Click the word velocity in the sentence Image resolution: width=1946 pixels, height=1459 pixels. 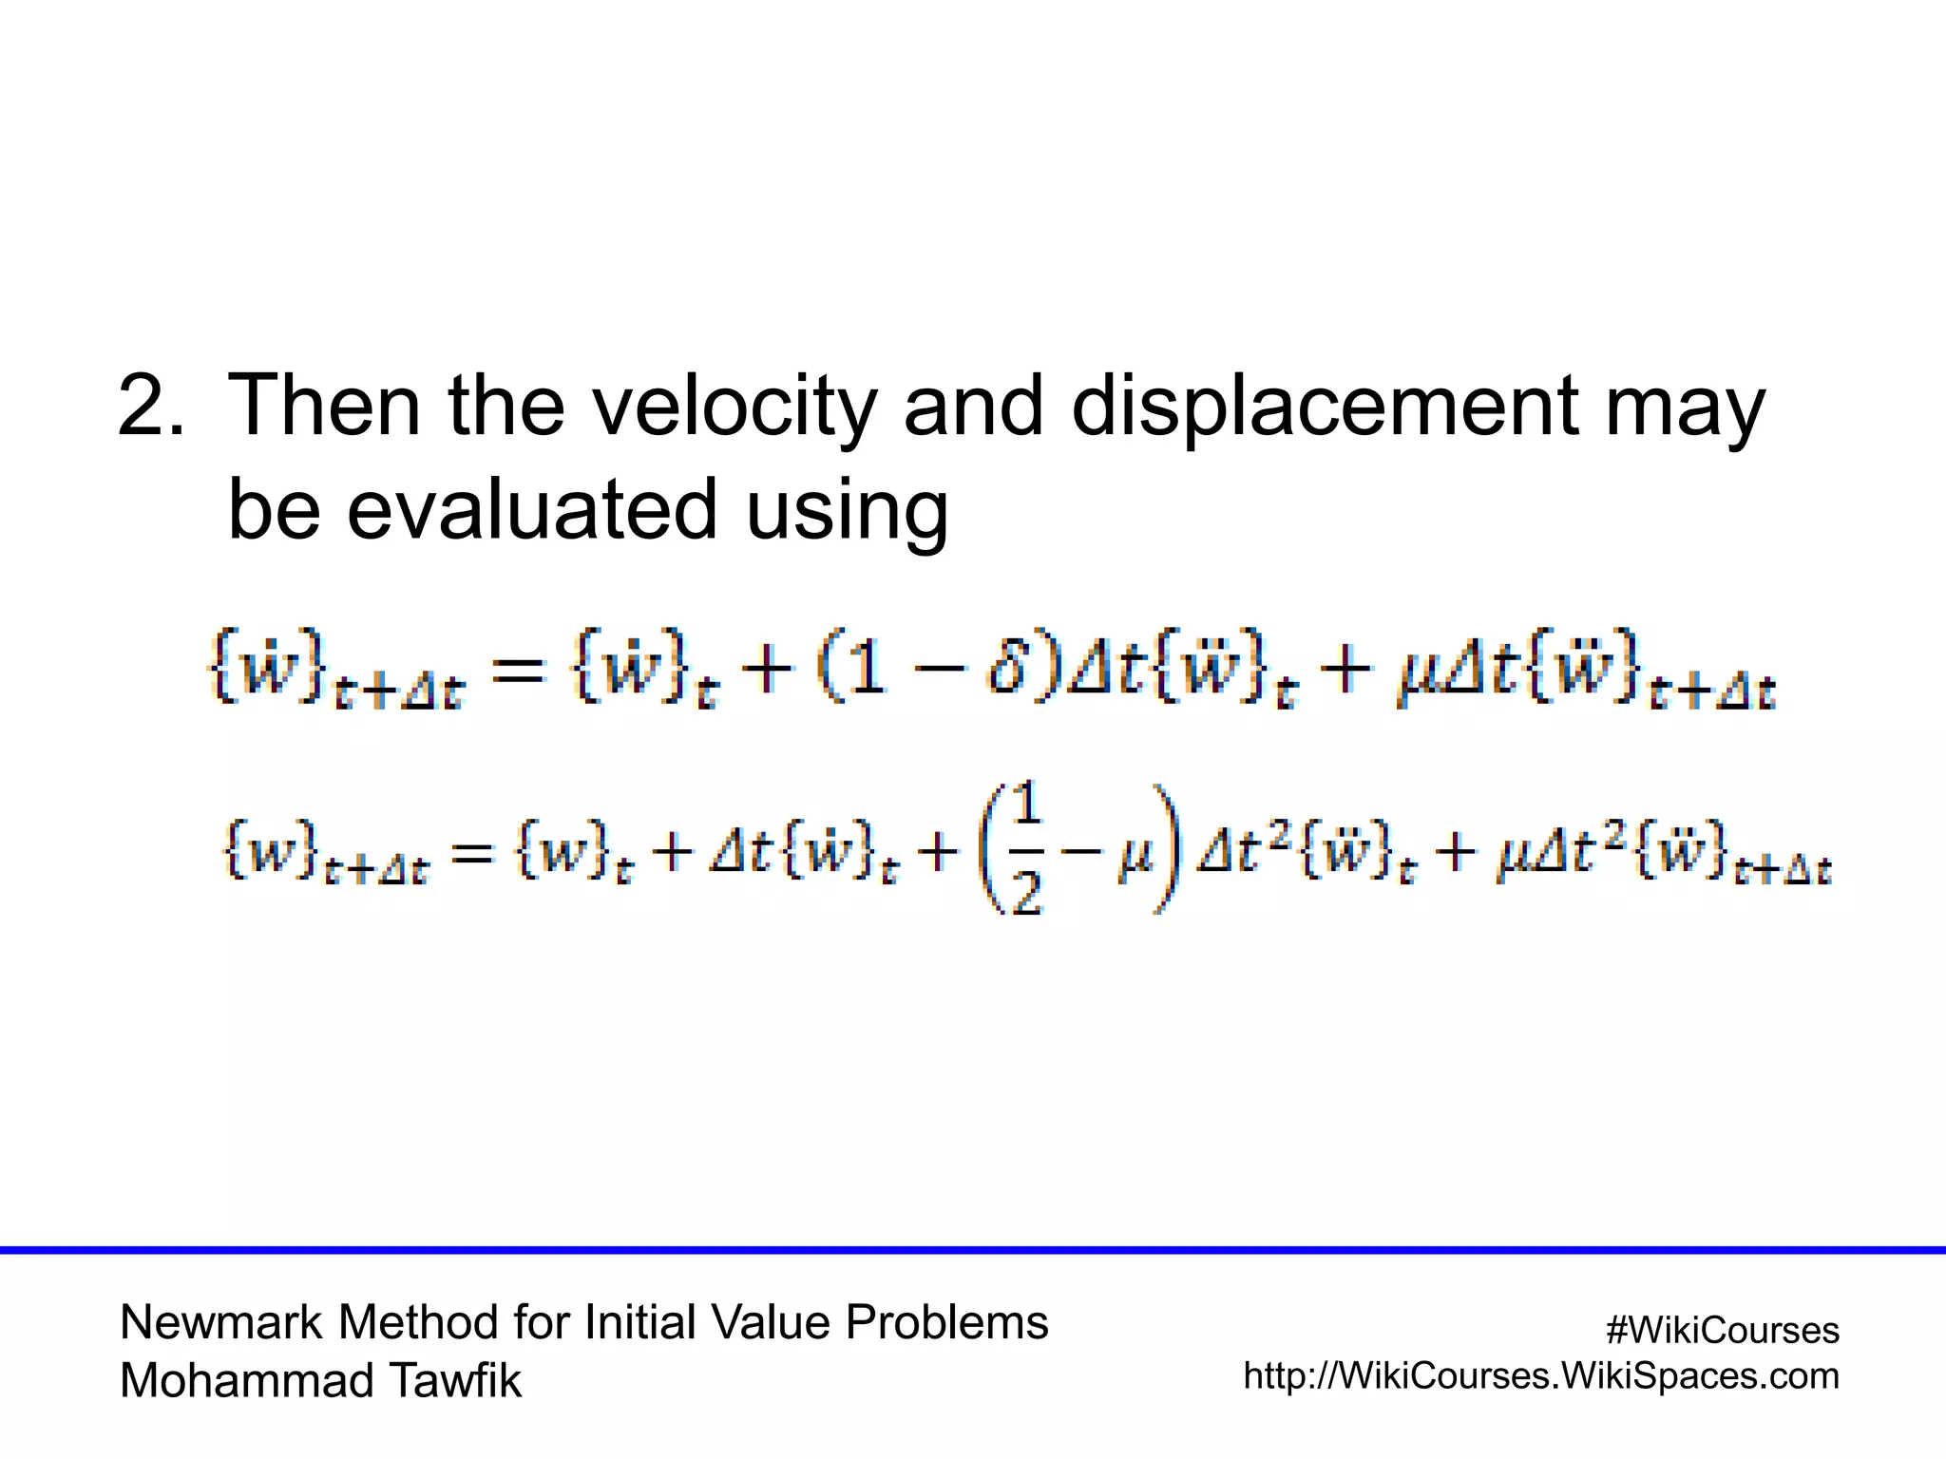(x=734, y=407)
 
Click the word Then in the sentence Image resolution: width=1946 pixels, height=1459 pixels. (x=325, y=407)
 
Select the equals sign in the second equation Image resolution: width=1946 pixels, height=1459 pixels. (x=472, y=852)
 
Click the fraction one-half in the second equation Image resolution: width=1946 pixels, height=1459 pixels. (x=1027, y=847)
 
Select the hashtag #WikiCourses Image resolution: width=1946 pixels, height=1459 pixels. (x=1722, y=1330)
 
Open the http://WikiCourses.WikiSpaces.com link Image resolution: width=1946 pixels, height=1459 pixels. (x=1541, y=1375)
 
